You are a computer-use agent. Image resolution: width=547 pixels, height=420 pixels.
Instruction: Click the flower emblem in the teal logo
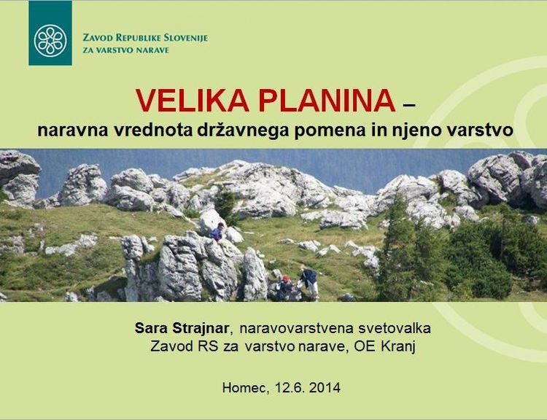50,41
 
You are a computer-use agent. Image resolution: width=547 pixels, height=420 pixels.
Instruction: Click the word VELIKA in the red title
193,101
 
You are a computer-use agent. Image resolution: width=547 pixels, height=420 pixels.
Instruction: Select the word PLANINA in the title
327,101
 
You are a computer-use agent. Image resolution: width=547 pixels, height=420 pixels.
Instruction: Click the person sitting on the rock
219,234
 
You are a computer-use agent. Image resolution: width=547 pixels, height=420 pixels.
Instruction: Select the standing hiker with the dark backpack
310,282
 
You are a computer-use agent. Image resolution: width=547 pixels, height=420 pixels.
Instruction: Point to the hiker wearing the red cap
285,287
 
